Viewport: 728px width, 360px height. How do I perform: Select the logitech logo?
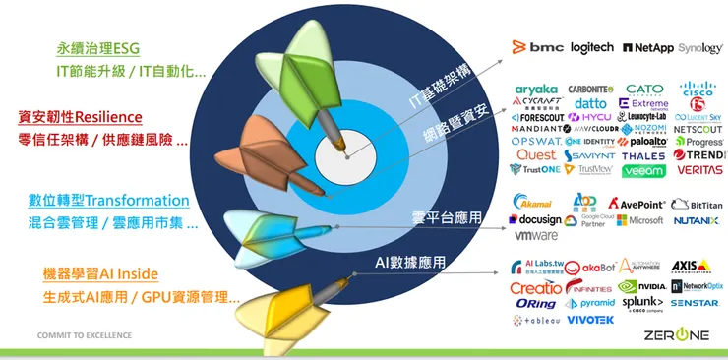point(591,47)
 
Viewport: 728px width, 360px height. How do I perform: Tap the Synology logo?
point(699,47)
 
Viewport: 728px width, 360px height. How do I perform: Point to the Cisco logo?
point(698,90)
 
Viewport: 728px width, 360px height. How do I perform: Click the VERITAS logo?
point(698,170)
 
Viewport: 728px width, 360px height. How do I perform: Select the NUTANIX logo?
point(697,220)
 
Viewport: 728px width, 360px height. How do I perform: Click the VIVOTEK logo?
point(590,320)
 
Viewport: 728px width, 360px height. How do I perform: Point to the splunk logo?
point(642,303)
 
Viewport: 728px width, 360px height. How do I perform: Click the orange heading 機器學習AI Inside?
point(100,272)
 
